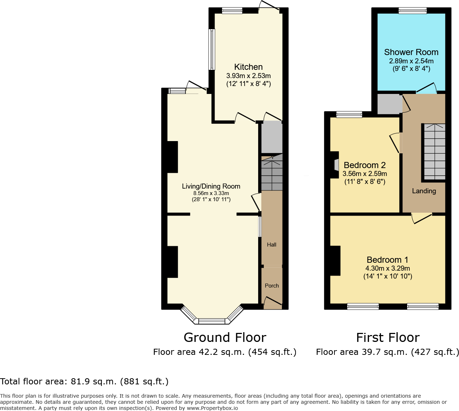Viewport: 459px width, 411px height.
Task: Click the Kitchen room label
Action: pos(248,67)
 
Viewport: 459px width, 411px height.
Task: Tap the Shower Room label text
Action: pos(411,52)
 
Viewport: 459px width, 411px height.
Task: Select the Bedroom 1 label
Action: pos(387,260)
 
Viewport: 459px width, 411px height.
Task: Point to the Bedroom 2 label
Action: pos(365,165)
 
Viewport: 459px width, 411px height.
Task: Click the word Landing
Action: pos(424,191)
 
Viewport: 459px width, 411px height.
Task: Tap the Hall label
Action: pos(271,245)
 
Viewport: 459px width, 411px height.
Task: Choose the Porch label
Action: pos(272,286)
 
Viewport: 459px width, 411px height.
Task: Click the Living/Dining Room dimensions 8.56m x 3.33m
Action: pos(211,193)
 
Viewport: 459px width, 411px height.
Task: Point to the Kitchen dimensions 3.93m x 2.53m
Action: pos(248,76)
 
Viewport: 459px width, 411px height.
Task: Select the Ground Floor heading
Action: pos(225,338)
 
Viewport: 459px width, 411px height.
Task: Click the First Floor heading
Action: pos(388,338)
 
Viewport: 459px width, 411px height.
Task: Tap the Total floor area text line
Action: pos(84,381)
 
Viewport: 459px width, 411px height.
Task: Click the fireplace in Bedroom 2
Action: pos(336,165)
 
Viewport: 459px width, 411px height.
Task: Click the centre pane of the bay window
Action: pos(212,321)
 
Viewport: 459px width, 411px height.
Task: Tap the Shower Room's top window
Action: pos(413,11)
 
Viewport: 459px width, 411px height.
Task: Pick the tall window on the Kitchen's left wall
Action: pos(212,49)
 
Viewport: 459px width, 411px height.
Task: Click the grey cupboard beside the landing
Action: pos(389,104)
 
